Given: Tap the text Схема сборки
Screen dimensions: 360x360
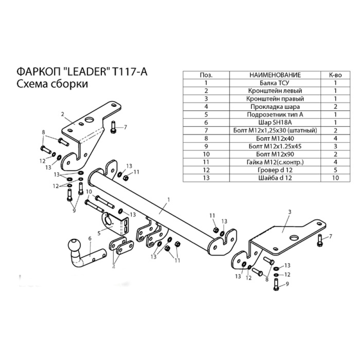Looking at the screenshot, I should pyautogui.click(x=52, y=84).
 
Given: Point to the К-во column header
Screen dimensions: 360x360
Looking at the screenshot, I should pyautogui.click(x=335, y=75).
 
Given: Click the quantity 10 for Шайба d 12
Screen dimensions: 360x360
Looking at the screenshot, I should pyautogui.click(x=335, y=178).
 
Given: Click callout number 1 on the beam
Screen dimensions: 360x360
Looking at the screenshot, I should pyautogui.click(x=168, y=199).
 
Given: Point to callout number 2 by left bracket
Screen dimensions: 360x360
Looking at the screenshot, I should pyautogui.click(x=63, y=114).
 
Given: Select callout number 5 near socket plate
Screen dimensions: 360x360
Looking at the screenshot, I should pyautogui.click(x=98, y=231).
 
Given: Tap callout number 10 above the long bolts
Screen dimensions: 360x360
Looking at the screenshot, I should pyautogui.click(x=89, y=192).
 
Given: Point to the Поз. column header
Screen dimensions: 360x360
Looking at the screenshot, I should pyautogui.click(x=206, y=75).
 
